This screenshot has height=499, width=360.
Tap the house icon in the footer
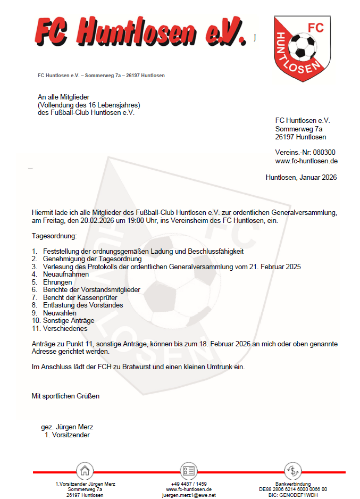[x=85, y=471]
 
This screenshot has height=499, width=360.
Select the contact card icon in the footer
[x=188, y=471]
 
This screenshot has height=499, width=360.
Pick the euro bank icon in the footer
[x=292, y=471]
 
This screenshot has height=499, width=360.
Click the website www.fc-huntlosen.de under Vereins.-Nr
[x=306, y=161]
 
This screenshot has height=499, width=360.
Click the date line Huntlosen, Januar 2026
[x=301, y=178]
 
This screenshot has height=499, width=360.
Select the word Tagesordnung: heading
[x=54, y=235]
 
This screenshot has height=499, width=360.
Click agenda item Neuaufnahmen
[x=66, y=275]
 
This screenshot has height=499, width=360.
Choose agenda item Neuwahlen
[x=60, y=313]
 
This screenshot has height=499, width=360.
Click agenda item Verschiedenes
[x=65, y=329]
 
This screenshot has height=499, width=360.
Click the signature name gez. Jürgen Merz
[x=67, y=427]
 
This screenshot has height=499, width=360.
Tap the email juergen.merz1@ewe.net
[x=189, y=495]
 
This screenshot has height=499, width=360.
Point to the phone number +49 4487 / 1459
[x=189, y=484]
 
